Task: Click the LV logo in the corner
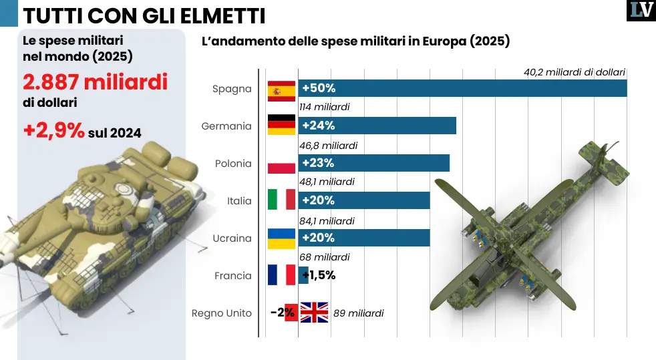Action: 641,11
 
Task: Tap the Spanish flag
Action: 281,88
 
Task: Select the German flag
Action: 281,126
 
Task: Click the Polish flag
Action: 281,163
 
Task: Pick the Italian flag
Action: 281,200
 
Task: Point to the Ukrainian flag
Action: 281,238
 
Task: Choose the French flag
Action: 281,275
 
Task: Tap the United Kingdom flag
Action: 313,313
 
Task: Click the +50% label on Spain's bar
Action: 319,88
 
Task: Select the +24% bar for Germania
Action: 377,126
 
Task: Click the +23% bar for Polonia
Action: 374,163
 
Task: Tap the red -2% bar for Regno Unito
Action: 291,313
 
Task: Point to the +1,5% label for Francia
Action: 319,275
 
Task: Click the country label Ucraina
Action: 232,238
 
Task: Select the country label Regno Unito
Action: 222,313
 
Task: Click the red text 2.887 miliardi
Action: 95,82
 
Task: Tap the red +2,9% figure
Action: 54,131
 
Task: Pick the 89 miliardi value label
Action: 358,313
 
